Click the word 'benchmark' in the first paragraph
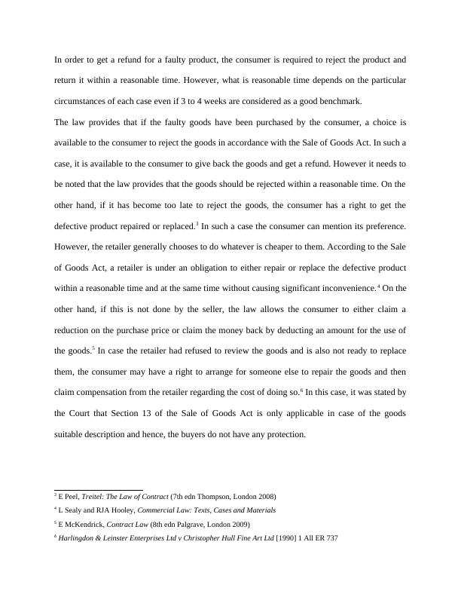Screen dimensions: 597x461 (340, 101)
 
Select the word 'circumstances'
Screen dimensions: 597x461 (83, 101)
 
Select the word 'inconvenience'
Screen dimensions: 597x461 (344, 289)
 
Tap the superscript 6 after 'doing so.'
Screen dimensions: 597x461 (301, 390)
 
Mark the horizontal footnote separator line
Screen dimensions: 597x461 (99, 490)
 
